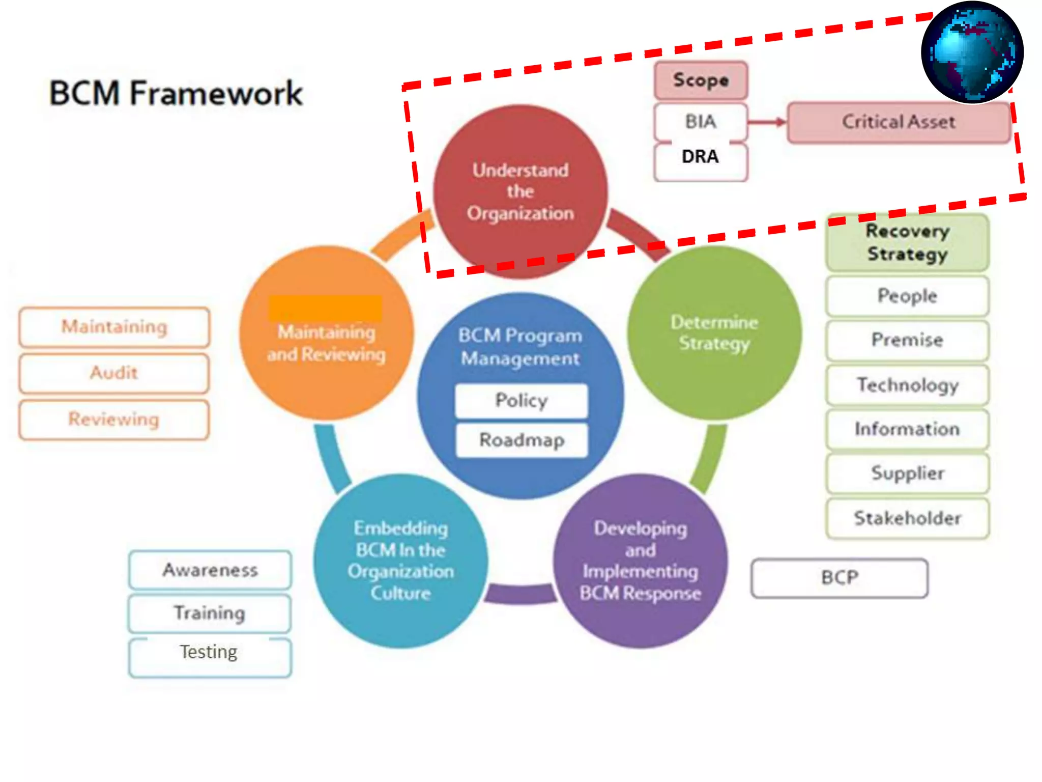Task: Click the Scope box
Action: (x=701, y=80)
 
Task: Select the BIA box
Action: (x=701, y=122)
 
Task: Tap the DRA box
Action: (x=701, y=157)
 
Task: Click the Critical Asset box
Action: (x=899, y=122)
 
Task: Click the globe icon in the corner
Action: (x=972, y=52)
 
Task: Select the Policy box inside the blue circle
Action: (x=522, y=401)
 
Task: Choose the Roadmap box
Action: (x=522, y=440)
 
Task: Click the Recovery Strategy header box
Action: (x=908, y=242)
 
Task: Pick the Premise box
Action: (x=908, y=340)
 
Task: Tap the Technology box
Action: (x=908, y=385)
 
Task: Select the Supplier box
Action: (x=908, y=473)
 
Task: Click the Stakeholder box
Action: (x=908, y=518)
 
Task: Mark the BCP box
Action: (x=840, y=578)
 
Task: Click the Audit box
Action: (x=114, y=373)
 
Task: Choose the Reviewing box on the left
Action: (x=114, y=420)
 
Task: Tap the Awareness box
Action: (x=210, y=570)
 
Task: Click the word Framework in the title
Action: (x=216, y=93)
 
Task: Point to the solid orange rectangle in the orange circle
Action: (x=325, y=308)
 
